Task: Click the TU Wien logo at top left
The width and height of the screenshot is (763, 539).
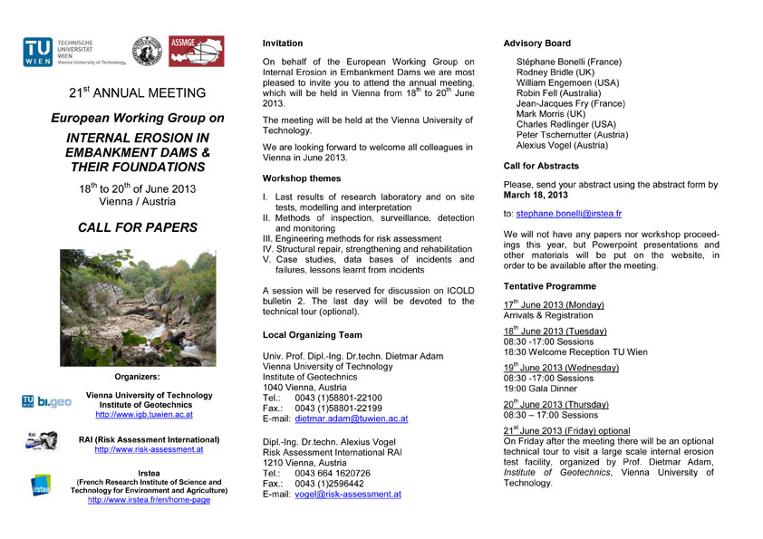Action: coord(39,52)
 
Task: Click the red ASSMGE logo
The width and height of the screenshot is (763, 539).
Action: coord(197,52)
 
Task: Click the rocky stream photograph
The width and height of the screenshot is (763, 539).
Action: coord(137,307)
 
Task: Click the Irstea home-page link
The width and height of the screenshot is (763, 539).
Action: coord(150,500)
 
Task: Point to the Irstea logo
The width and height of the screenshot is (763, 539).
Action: coord(41,486)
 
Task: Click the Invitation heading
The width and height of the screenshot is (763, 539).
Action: coord(283,43)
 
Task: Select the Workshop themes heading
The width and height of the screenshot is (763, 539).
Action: coord(302,178)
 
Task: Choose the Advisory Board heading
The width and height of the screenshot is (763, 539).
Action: coord(536,43)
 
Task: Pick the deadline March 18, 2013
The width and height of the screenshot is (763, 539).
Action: coord(536,195)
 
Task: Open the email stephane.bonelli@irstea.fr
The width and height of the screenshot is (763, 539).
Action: coord(569,214)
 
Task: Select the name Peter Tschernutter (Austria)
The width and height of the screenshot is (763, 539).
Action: coord(571,135)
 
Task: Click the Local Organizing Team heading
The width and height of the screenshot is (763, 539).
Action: coord(312,336)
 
